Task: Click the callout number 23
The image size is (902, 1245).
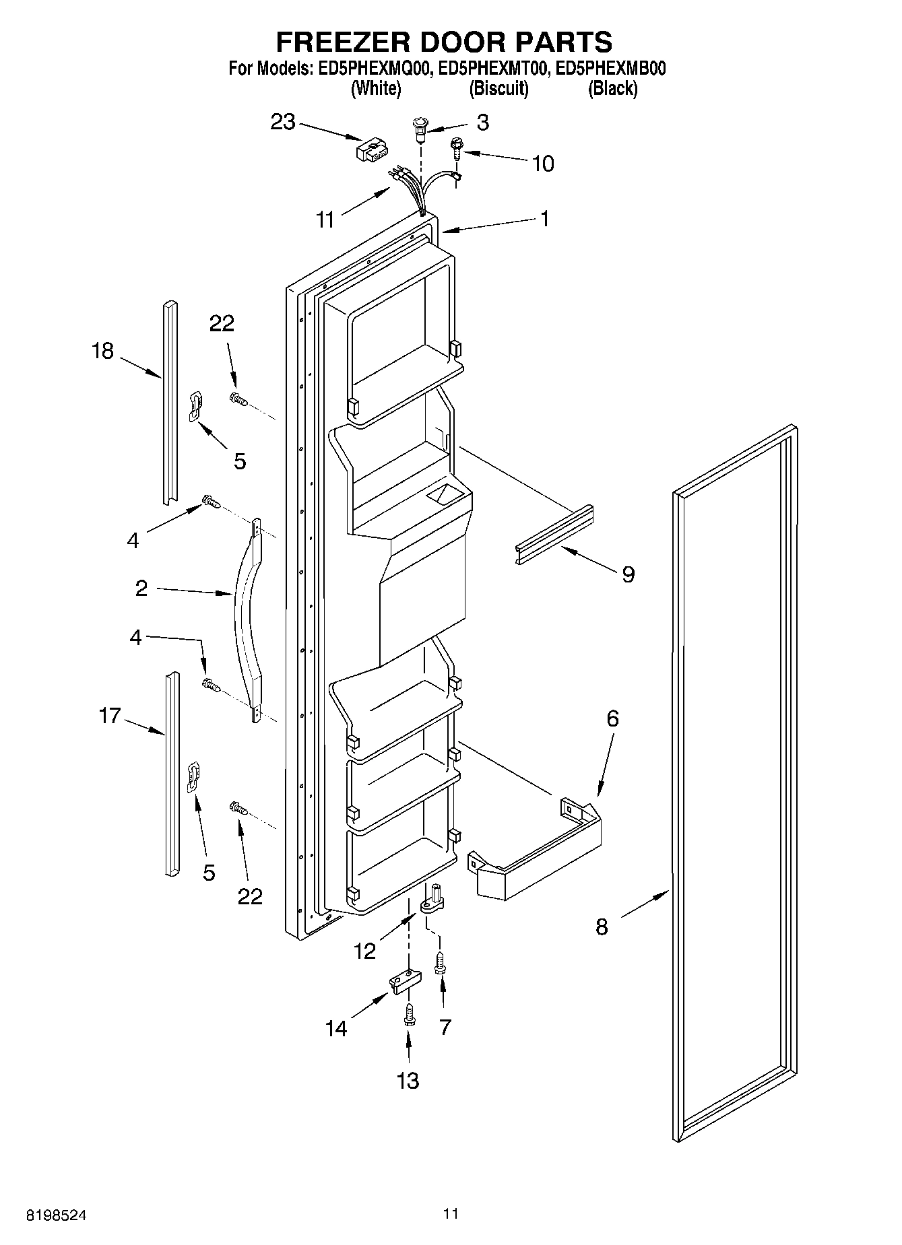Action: point(283,123)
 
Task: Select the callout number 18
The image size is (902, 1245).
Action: point(103,351)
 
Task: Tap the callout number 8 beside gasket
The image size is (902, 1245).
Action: point(602,927)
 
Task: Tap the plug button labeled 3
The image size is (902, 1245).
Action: point(420,127)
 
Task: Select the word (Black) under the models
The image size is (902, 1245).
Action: point(612,88)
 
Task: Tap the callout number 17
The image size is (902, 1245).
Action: point(109,716)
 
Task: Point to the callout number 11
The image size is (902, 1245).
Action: point(326,220)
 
